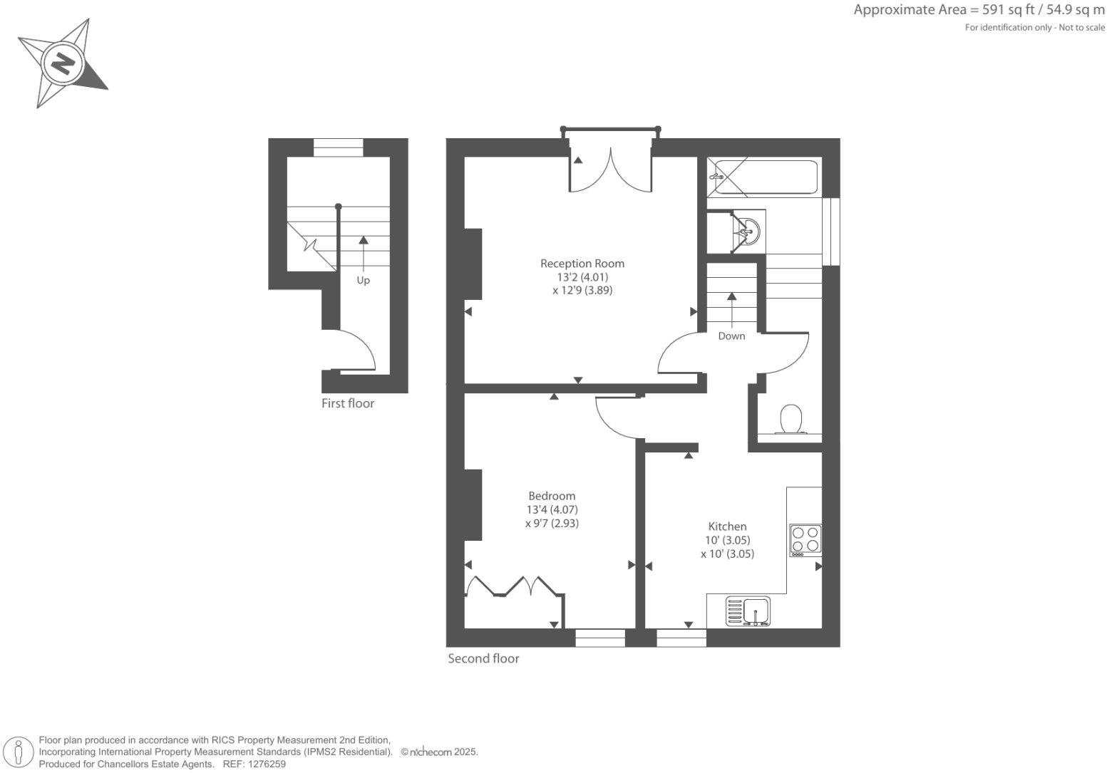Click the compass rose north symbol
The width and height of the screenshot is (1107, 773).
[63, 64]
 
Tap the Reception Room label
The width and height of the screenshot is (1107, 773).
[582, 264]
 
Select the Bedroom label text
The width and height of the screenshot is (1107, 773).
[552, 497]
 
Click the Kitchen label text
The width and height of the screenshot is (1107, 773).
[727, 526]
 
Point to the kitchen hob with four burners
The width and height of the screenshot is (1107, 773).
[805, 540]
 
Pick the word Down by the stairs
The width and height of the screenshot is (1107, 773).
[731, 336]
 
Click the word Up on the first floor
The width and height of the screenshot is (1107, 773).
[363, 281]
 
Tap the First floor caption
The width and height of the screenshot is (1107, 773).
[347, 404]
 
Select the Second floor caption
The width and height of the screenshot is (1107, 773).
[483, 659]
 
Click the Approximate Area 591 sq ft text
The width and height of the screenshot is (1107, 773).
[979, 10]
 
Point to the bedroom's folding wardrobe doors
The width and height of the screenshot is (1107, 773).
[511, 586]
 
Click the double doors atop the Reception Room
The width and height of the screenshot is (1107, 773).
[610, 172]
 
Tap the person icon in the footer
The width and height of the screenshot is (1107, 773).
[19, 752]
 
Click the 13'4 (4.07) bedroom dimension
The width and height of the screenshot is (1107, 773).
[552, 510]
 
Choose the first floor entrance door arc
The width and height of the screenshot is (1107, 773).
[356, 350]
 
